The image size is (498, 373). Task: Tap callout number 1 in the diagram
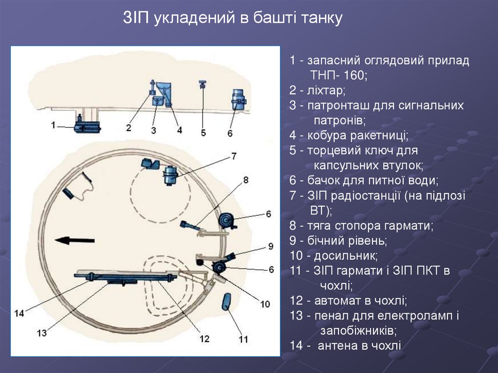tap(53, 125)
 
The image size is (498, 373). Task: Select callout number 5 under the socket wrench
tap(203, 132)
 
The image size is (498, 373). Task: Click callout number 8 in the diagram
tap(246, 180)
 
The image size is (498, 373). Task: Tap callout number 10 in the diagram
tap(265, 304)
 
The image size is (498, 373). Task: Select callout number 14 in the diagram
tap(18, 314)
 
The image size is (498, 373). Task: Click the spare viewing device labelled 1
tap(87, 127)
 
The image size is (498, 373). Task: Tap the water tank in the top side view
tap(238, 99)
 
